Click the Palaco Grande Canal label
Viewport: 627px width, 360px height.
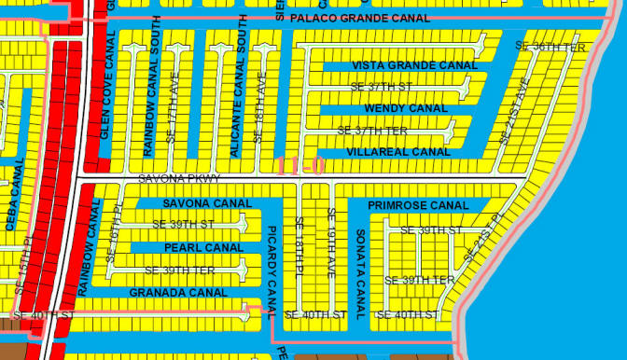[359, 18]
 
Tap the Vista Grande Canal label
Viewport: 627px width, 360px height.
[414, 66]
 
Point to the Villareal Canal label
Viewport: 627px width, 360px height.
[398, 151]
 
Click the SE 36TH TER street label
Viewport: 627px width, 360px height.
[550, 46]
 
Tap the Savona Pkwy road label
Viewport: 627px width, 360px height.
[178, 177]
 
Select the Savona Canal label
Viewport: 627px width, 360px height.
[207, 203]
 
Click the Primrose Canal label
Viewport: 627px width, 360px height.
[418, 205]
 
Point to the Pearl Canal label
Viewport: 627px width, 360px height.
[203, 248]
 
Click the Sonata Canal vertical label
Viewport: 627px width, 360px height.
[360, 267]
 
